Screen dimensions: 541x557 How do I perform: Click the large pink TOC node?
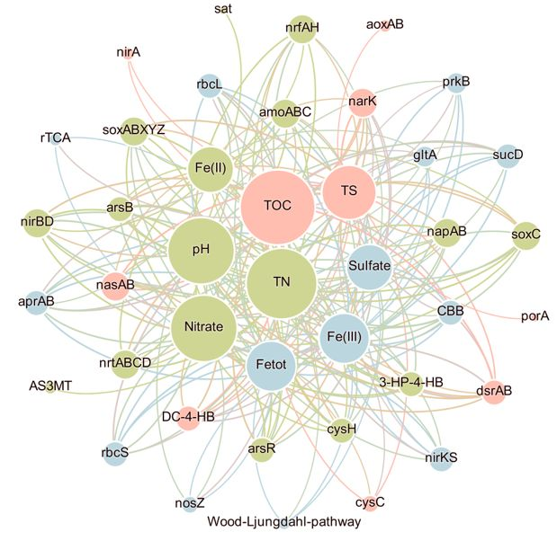277,205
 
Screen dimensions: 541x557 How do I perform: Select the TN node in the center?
283,282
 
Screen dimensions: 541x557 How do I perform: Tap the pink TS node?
349,191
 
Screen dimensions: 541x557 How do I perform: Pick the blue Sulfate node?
369,265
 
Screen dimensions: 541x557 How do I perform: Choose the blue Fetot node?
271,367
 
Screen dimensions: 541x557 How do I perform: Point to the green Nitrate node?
203,326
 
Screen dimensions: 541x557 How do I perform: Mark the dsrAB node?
493,390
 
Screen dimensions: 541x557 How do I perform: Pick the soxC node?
526,235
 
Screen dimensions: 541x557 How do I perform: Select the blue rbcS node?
115,452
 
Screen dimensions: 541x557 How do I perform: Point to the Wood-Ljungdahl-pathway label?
283,521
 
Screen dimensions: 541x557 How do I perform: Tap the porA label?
535,316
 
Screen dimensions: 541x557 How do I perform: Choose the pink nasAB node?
115,285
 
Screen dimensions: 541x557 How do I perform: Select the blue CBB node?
450,312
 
